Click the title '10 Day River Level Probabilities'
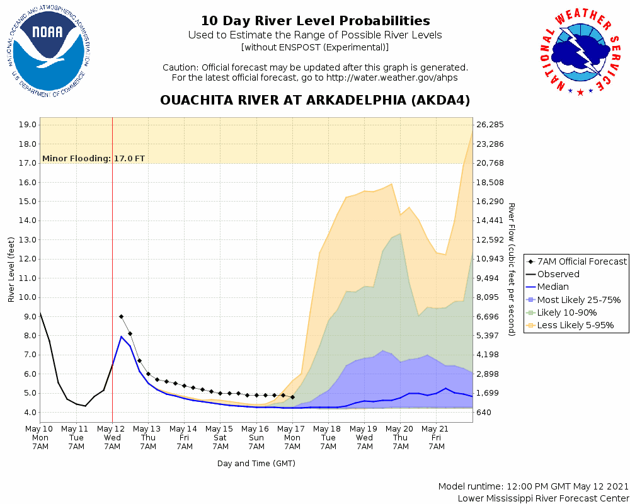[x=315, y=21]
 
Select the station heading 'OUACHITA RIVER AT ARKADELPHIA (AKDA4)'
[x=315, y=100]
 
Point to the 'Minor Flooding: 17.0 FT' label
[x=93, y=158]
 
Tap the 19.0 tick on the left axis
[x=27, y=125]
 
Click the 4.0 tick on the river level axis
[x=30, y=412]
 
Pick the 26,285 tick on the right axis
[x=491, y=125]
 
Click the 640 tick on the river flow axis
[x=486, y=412]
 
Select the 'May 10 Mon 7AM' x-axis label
[x=40, y=437]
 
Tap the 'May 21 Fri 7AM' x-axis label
[x=437, y=437]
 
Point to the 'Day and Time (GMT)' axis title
[x=256, y=463]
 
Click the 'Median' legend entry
[x=553, y=287]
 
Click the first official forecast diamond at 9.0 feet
[x=121, y=316]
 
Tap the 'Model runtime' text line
[x=534, y=486]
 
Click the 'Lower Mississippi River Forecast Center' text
[x=543, y=498]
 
